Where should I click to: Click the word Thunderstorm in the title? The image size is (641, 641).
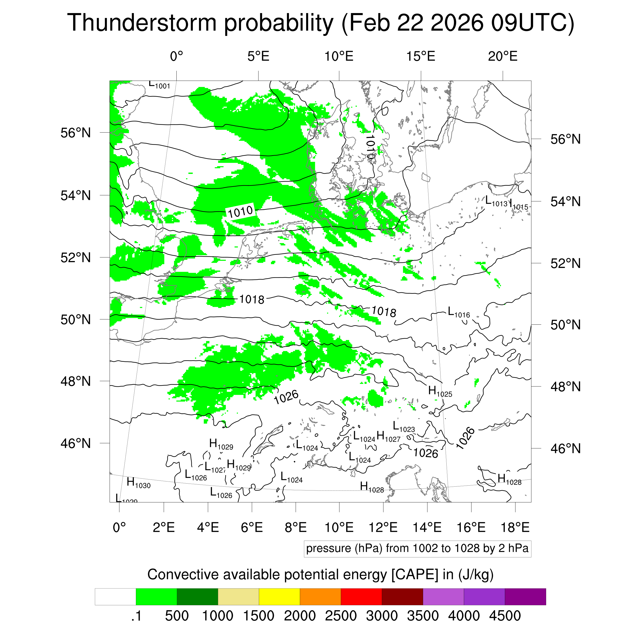pyautogui.click(x=142, y=23)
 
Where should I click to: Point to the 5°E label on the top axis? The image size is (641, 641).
pyautogui.click(x=258, y=56)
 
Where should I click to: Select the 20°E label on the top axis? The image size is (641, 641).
pyautogui.click(x=502, y=56)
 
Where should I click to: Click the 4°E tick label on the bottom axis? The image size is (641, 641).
pyautogui.click(x=208, y=527)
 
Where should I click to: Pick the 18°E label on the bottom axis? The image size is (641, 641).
pyautogui.click(x=515, y=527)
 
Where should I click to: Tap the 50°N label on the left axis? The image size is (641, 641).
pyautogui.click(x=76, y=319)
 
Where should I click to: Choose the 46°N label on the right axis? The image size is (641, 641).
pyautogui.click(x=565, y=448)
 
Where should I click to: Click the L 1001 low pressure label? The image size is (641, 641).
pyautogui.click(x=159, y=85)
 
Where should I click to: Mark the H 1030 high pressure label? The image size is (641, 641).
pyautogui.click(x=138, y=483)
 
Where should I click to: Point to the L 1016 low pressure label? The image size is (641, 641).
pyautogui.click(x=458, y=312)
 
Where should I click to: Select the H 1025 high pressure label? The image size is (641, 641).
pyautogui.click(x=440, y=392)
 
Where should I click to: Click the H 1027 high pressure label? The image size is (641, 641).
pyautogui.click(x=388, y=436)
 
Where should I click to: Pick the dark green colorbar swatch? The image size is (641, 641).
pyautogui.click(x=197, y=597)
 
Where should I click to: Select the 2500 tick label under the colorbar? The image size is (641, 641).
pyautogui.click(x=341, y=616)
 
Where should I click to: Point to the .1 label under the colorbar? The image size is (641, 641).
pyautogui.click(x=136, y=616)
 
